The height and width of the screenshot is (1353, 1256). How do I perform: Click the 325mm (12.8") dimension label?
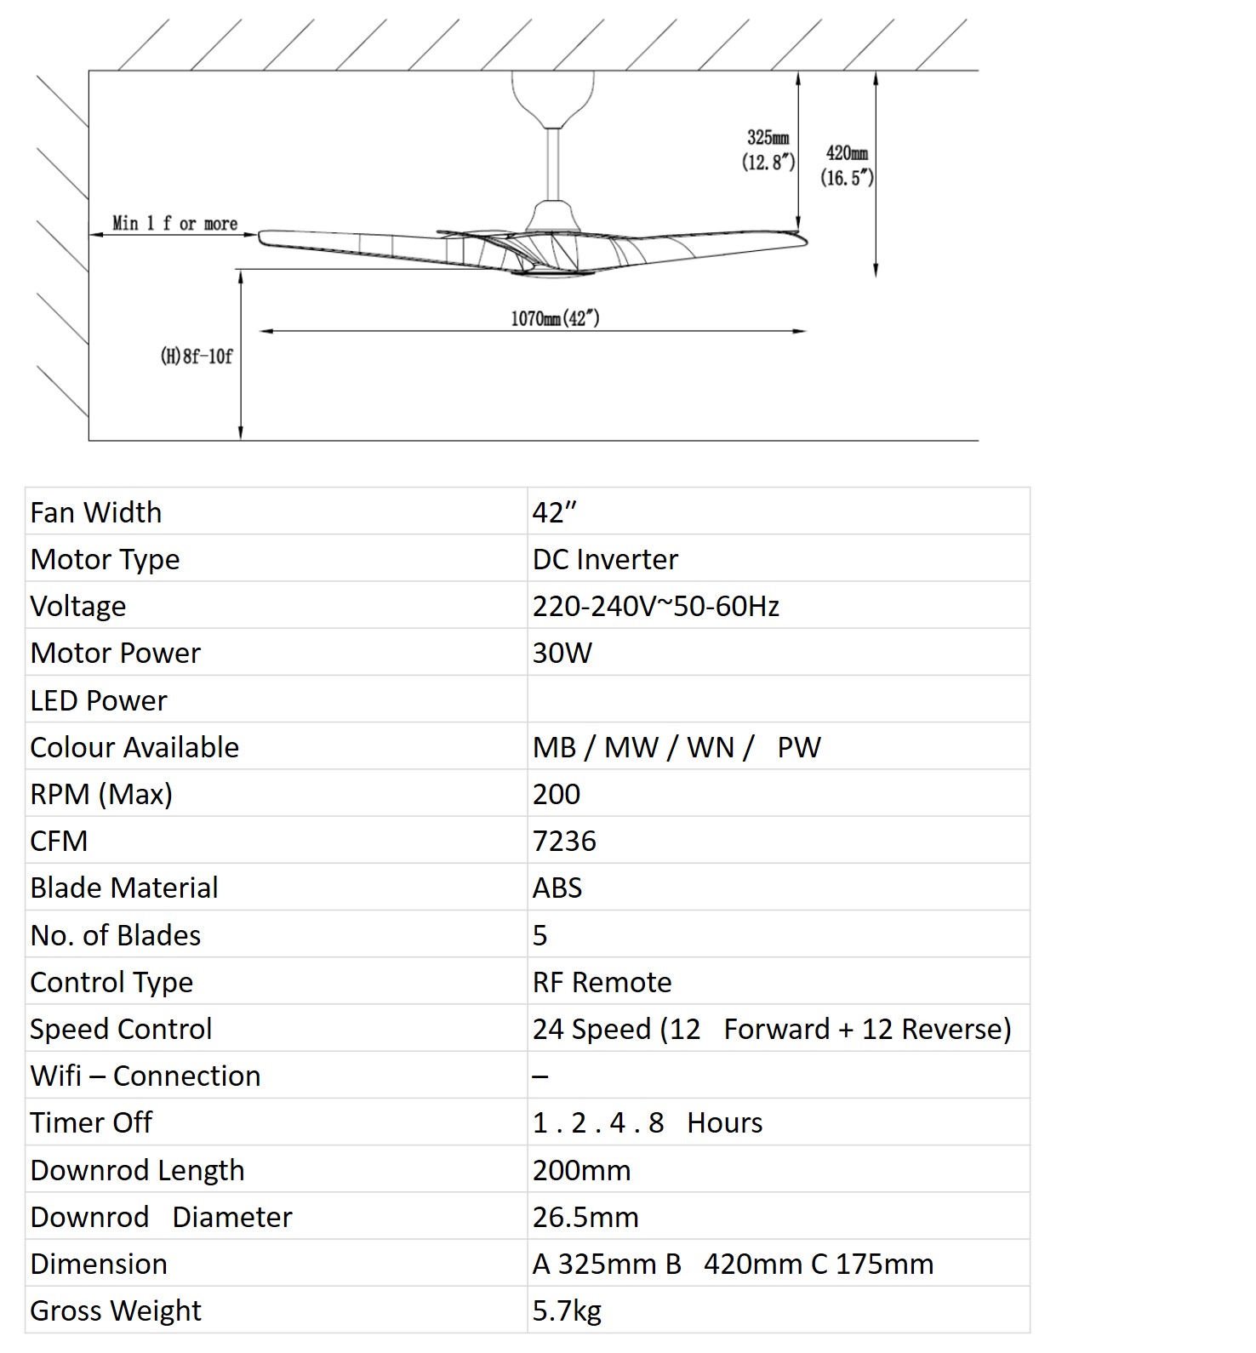(x=768, y=150)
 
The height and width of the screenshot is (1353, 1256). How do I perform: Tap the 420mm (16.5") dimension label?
(x=847, y=165)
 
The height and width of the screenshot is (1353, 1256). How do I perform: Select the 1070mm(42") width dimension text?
(x=555, y=318)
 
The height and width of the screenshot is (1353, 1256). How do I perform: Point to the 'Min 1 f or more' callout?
(x=174, y=223)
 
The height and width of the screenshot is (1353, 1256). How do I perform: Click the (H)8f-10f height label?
(x=196, y=356)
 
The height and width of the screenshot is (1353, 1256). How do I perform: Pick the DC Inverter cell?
(x=605, y=559)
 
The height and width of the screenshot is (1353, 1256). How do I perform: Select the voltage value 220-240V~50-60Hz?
(x=655, y=606)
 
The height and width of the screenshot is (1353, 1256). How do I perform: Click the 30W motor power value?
(x=562, y=653)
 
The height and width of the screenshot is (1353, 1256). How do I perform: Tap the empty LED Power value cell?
(x=778, y=699)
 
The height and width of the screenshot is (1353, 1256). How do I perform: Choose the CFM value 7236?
(x=564, y=841)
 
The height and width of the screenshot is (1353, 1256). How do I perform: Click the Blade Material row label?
(x=124, y=888)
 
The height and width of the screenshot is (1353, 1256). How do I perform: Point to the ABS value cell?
(x=557, y=888)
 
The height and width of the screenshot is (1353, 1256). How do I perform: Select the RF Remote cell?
(x=602, y=982)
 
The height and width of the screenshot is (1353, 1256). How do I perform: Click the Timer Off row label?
(x=91, y=1122)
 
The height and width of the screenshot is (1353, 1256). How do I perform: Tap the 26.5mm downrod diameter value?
(x=585, y=1217)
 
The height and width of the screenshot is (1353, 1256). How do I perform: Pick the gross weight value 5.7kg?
(x=567, y=1310)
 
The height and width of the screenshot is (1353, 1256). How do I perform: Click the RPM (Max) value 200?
(x=557, y=794)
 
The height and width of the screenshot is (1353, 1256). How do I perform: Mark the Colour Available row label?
(x=134, y=747)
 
